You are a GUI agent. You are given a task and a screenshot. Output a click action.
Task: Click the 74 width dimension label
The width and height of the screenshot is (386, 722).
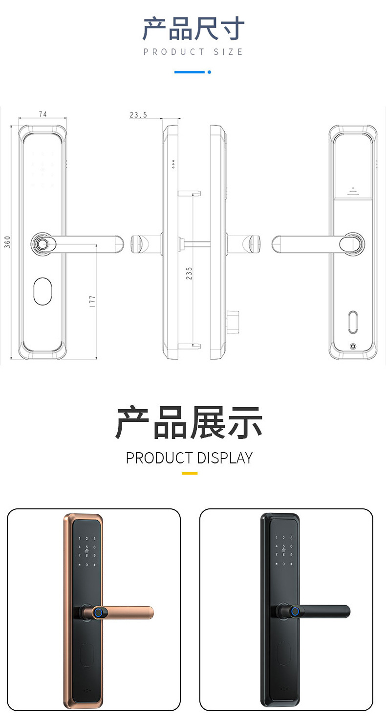pyautogui.click(x=43, y=114)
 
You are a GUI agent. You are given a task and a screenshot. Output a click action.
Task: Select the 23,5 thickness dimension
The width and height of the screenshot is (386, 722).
pyautogui.click(x=138, y=115)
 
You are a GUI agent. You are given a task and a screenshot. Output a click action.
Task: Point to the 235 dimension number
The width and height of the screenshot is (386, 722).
pyautogui.click(x=189, y=273)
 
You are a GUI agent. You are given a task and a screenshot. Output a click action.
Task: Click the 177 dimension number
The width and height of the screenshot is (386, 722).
pyautogui.click(x=92, y=301)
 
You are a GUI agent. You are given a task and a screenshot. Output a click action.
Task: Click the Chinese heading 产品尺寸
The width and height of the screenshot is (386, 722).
pyautogui.click(x=193, y=29)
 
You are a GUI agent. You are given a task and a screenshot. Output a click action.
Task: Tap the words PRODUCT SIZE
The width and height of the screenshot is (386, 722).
pyautogui.click(x=193, y=52)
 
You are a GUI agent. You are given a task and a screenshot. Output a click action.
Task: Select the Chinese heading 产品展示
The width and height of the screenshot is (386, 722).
pyautogui.click(x=189, y=422)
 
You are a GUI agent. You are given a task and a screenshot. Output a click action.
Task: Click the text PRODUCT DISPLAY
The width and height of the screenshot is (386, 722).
pyautogui.click(x=189, y=458)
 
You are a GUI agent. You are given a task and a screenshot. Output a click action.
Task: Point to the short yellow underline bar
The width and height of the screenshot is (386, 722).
pyautogui.click(x=189, y=473)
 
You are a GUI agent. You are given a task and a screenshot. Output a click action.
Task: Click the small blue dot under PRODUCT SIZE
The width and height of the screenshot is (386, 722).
pyautogui.click(x=209, y=72)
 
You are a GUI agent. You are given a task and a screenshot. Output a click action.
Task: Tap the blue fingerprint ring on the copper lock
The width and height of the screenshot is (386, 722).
pyautogui.click(x=99, y=612)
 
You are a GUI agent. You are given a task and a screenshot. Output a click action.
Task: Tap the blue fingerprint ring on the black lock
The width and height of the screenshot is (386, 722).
pyautogui.click(x=295, y=611)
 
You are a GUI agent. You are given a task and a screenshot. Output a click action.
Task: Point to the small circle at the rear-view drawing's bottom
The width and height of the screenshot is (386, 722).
pyautogui.click(x=353, y=348)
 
